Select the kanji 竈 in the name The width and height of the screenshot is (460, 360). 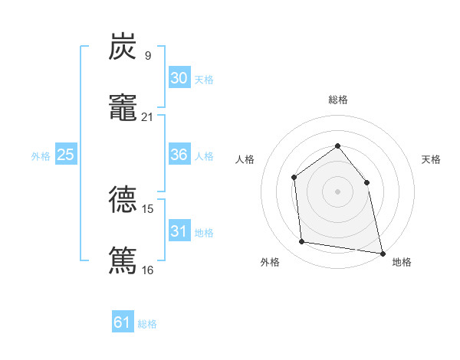[x=123, y=108]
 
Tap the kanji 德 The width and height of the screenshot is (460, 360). [x=123, y=199]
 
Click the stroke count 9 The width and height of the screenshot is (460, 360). [x=147, y=55]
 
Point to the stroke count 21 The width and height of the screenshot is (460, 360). [x=148, y=116]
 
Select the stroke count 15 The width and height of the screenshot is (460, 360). [x=148, y=208]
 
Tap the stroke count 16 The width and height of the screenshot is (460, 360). [x=148, y=269]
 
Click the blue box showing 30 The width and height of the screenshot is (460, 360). [x=179, y=78]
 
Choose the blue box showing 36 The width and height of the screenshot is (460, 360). [x=179, y=155]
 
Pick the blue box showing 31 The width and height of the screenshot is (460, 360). [x=179, y=231]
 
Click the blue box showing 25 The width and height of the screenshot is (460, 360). [x=66, y=155]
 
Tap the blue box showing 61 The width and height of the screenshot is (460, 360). [x=123, y=322]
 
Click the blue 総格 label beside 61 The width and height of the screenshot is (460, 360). [x=147, y=324]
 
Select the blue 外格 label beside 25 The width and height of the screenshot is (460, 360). [x=41, y=156]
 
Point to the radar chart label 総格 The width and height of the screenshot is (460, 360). [x=337, y=100]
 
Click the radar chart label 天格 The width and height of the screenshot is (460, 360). [x=432, y=159]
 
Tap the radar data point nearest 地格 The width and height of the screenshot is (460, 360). [x=382, y=253]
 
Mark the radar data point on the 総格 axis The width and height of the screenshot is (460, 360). [x=337, y=146]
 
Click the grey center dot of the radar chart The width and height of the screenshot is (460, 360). [x=337, y=191]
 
